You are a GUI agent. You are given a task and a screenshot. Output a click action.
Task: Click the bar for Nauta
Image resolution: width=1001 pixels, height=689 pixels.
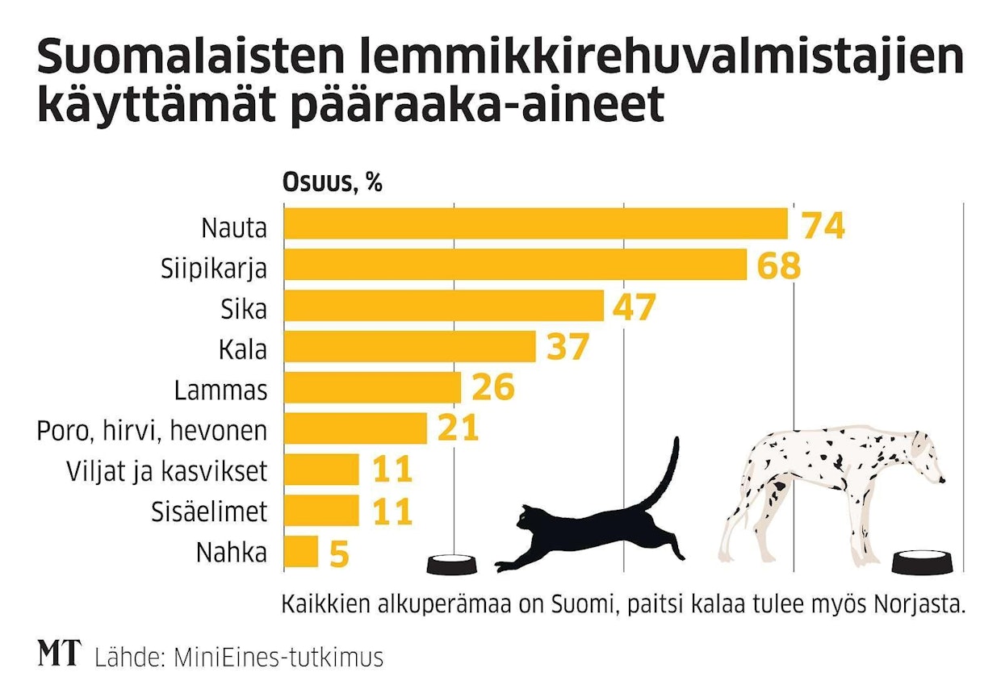point(535,223)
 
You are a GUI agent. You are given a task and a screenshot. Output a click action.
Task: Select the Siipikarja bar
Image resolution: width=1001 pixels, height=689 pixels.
point(515,265)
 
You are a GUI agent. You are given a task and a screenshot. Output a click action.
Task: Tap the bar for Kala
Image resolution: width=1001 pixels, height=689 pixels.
point(409,346)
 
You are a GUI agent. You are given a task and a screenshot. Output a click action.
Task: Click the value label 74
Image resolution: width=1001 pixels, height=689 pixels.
point(823,226)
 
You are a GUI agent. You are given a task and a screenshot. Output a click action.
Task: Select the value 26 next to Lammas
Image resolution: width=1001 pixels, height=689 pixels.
point(493,389)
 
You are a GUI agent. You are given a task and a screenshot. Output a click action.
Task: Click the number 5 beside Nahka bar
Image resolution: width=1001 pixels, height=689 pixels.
point(338,553)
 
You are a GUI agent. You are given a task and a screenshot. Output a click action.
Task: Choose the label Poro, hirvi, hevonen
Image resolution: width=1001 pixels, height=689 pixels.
point(152,431)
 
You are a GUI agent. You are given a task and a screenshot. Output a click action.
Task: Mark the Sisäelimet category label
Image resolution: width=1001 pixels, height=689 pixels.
point(209,512)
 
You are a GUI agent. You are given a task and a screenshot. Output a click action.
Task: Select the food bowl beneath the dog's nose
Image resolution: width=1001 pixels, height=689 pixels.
point(925,563)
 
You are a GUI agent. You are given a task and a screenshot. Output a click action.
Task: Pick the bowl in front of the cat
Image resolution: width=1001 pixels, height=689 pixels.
point(451,564)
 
